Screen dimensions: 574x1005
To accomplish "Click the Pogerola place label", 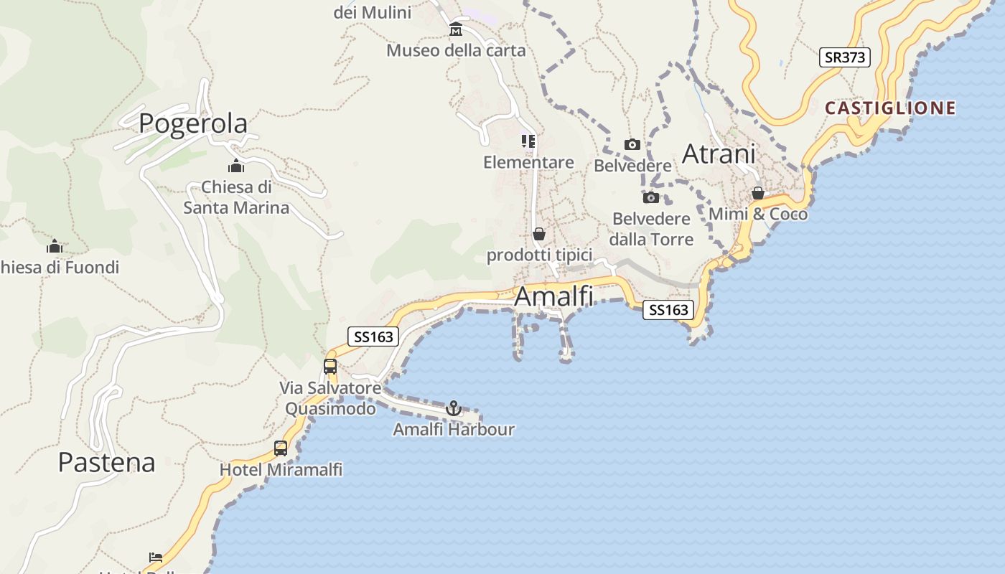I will (x=193, y=123).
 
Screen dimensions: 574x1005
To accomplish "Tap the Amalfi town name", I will (x=554, y=296).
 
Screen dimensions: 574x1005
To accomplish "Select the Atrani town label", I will (x=719, y=154).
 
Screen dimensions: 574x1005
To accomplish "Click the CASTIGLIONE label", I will (x=890, y=108).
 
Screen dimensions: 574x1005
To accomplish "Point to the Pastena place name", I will (x=106, y=463).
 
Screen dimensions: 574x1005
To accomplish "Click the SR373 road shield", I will (x=845, y=57).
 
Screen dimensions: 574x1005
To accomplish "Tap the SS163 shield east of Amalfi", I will (x=668, y=310).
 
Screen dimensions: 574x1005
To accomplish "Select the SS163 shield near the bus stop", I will (x=373, y=337).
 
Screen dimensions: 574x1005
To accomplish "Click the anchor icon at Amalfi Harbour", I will (x=453, y=408).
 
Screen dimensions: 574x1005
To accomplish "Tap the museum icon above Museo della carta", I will (x=456, y=30).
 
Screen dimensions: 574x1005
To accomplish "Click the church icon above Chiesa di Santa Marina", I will (x=236, y=166).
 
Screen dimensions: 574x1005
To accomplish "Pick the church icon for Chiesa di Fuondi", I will (x=55, y=247).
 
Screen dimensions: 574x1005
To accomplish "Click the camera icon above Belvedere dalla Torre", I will (x=651, y=197).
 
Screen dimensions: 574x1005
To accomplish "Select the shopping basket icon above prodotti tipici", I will (x=539, y=234).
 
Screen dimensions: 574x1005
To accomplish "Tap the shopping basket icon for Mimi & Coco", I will (x=758, y=194).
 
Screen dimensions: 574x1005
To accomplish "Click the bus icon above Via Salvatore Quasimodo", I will (x=330, y=367).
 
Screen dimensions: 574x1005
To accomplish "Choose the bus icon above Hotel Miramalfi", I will (x=281, y=448).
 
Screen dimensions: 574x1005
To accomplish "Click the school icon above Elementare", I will (x=528, y=141).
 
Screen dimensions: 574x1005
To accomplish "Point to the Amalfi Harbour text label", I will (x=454, y=430).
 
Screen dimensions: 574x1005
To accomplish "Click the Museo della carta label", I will (x=456, y=51).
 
